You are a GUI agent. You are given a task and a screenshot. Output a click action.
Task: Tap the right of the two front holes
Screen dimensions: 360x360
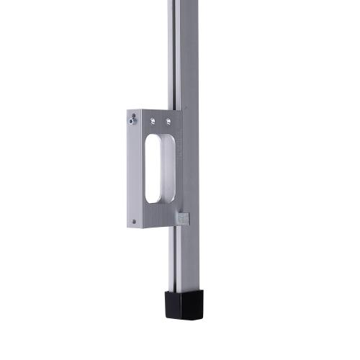(168, 121)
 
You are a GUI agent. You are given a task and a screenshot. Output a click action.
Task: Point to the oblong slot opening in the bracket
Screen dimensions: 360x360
(158, 167)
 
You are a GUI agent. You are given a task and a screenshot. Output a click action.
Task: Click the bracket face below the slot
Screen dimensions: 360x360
(158, 216)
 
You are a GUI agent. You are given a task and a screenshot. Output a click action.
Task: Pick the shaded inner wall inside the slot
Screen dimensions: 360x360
(167, 169)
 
